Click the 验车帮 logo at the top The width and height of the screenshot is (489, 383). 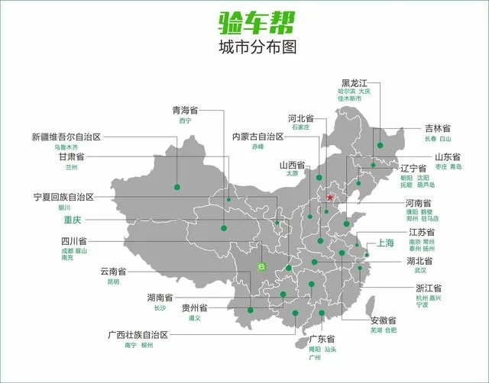pos(244,21)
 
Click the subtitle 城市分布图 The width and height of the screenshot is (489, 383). pos(244,47)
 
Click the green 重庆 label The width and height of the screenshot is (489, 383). pos(76,217)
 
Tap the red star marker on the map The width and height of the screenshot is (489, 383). pos(330,197)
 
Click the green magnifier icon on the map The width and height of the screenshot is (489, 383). pos(261,267)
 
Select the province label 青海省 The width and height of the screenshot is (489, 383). pos(186,111)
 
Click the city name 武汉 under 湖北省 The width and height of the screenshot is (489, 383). pos(420,270)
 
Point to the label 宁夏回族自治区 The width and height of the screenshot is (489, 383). pos(63,197)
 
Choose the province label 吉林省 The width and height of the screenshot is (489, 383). pos(438,129)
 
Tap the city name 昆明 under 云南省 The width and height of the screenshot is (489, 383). pos(113,282)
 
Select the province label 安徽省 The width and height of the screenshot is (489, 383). pos(383,320)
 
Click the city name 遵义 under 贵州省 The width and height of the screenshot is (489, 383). pos(194,318)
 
